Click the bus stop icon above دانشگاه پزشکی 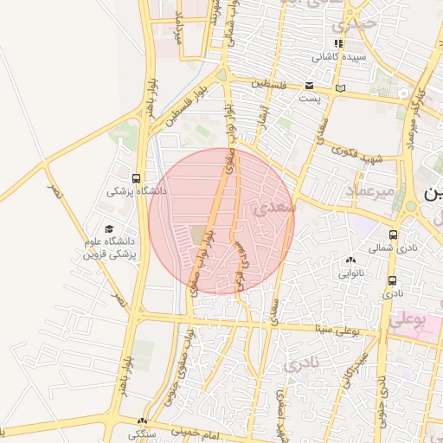pyautogui.click(x=136, y=178)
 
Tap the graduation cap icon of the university pyautogui.click(x=109, y=229)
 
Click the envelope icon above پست pyautogui.click(x=309, y=85)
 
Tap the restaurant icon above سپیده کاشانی pyautogui.click(x=339, y=43)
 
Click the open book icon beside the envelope pyautogui.click(x=340, y=87)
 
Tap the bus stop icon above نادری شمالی pyautogui.click(x=394, y=234)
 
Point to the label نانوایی pyautogui.click(x=350, y=273)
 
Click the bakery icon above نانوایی pyautogui.click(x=350, y=260)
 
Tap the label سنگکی pyautogui.click(x=143, y=433)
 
